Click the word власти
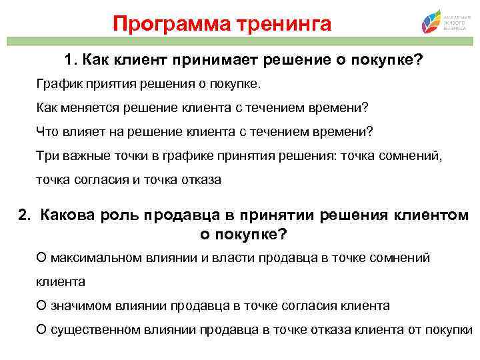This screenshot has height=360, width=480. click(214, 257)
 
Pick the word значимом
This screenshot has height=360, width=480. click(79, 306)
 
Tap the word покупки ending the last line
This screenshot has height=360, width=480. click(450, 330)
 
